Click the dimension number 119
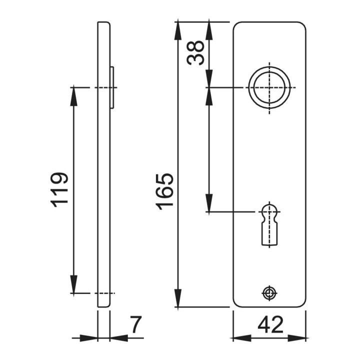coord(59,189)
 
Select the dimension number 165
coord(164,192)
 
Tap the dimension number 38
coord(195,53)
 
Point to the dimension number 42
coord(270,324)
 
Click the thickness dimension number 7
coord(135,324)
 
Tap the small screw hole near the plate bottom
coord(269,293)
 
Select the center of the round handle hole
coord(269,87)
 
